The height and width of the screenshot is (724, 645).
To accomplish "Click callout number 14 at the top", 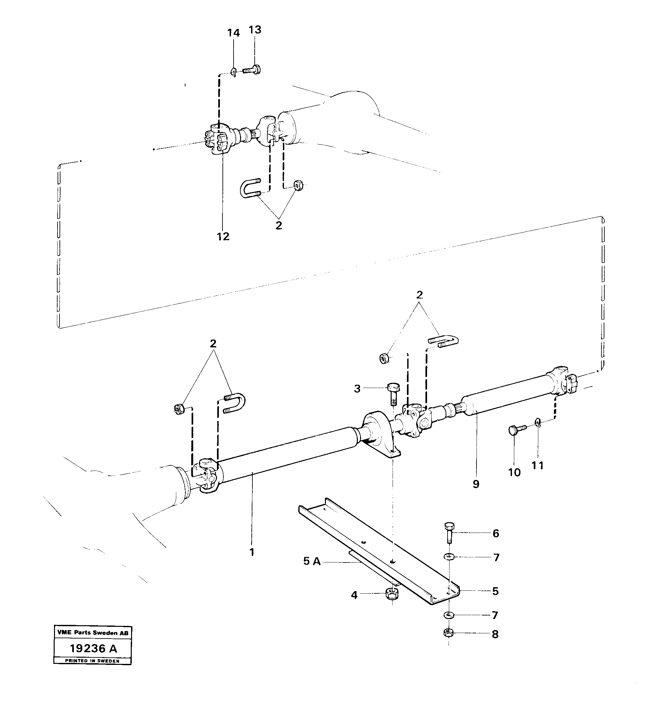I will [x=233, y=33].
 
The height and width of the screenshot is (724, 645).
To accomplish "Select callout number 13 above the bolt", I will [x=255, y=30].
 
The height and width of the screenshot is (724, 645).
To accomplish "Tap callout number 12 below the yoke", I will [x=223, y=236].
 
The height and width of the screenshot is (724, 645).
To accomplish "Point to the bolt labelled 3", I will [x=393, y=394].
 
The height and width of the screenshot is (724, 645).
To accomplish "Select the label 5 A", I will [x=312, y=571].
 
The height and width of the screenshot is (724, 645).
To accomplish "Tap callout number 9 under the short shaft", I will [x=476, y=484].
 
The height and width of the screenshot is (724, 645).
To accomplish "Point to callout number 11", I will [x=538, y=465].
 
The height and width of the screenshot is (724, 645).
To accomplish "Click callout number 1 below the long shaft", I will [x=252, y=552].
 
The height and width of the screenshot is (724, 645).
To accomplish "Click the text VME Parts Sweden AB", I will [x=93, y=632].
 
